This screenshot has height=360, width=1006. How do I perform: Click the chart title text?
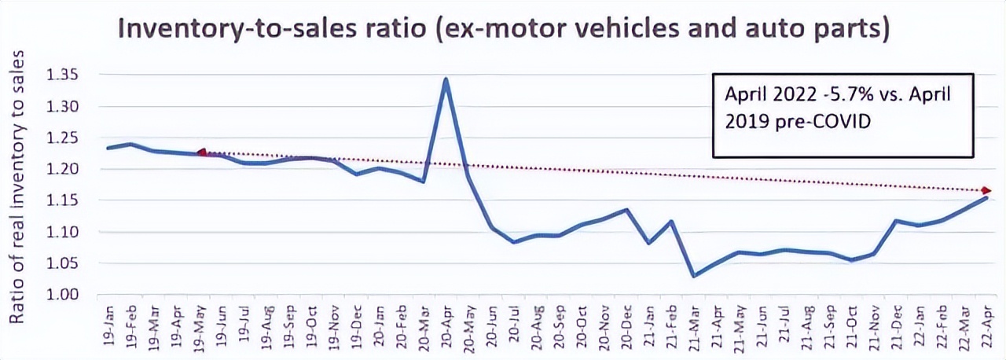pos(503,29)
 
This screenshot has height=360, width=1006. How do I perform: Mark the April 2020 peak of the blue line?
pos(446,79)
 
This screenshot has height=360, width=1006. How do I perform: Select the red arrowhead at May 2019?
pos(201,152)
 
